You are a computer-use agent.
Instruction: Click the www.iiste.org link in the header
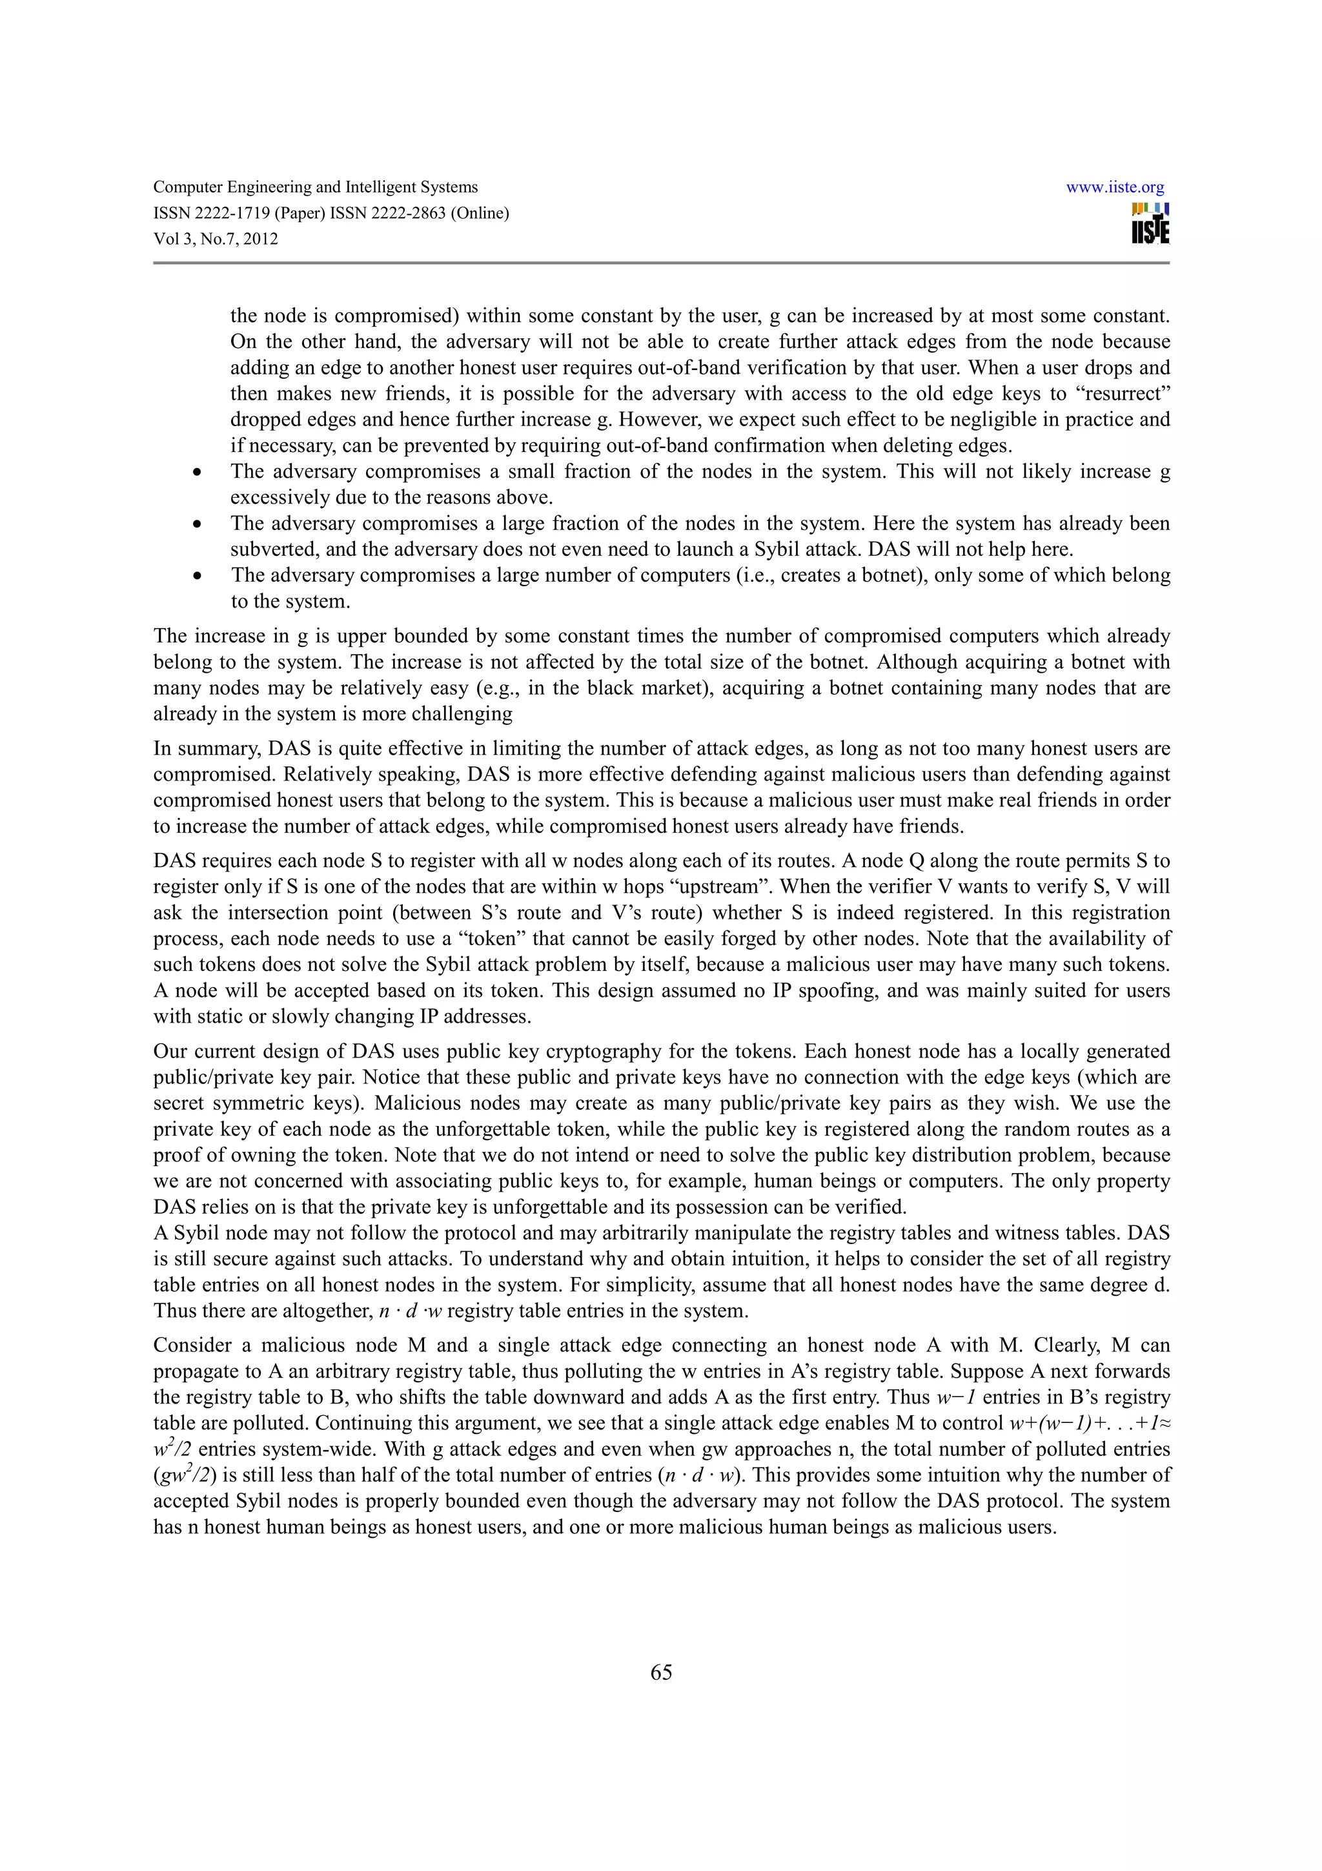pos(1114,187)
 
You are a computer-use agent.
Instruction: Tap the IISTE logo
pos(1150,224)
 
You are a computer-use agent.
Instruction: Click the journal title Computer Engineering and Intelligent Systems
pos(315,187)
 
